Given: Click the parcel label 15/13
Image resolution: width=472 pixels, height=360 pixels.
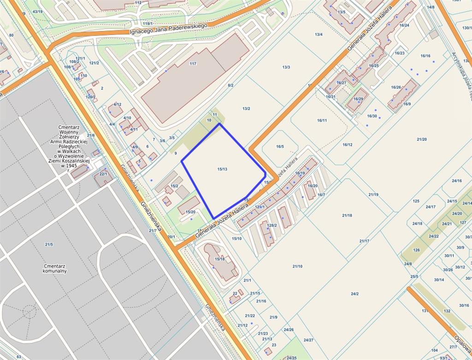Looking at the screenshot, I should tap(222, 169).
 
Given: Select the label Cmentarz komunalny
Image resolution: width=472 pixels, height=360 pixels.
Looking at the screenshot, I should tap(55, 268).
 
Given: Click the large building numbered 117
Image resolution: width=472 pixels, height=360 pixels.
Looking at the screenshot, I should tap(193, 64).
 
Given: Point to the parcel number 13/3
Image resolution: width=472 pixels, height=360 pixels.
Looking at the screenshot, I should tap(286, 67).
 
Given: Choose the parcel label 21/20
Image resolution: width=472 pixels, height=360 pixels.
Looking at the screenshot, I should tap(421, 139).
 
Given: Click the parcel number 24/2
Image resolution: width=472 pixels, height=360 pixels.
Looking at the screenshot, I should tap(354, 294).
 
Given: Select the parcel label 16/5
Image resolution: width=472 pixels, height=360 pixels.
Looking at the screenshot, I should tap(280, 147).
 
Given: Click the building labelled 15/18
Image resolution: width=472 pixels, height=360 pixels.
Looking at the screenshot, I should tap(220, 259).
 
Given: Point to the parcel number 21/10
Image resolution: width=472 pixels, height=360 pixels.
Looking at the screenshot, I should tap(297, 266).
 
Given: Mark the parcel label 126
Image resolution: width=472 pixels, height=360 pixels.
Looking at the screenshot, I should tap(416, 250).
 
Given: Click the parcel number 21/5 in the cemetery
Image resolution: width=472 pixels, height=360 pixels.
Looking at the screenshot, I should tap(49, 244).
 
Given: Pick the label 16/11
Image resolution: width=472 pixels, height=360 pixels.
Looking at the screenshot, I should tap(322, 120).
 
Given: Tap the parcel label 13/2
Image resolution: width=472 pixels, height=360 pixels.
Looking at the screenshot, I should tap(246, 108).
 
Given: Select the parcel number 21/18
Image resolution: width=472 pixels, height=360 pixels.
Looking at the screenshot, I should tap(347, 215).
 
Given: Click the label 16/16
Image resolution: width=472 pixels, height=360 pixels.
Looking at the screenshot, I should tap(425, 56).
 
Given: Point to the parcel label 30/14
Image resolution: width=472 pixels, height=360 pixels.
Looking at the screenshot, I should tap(439, 279).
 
